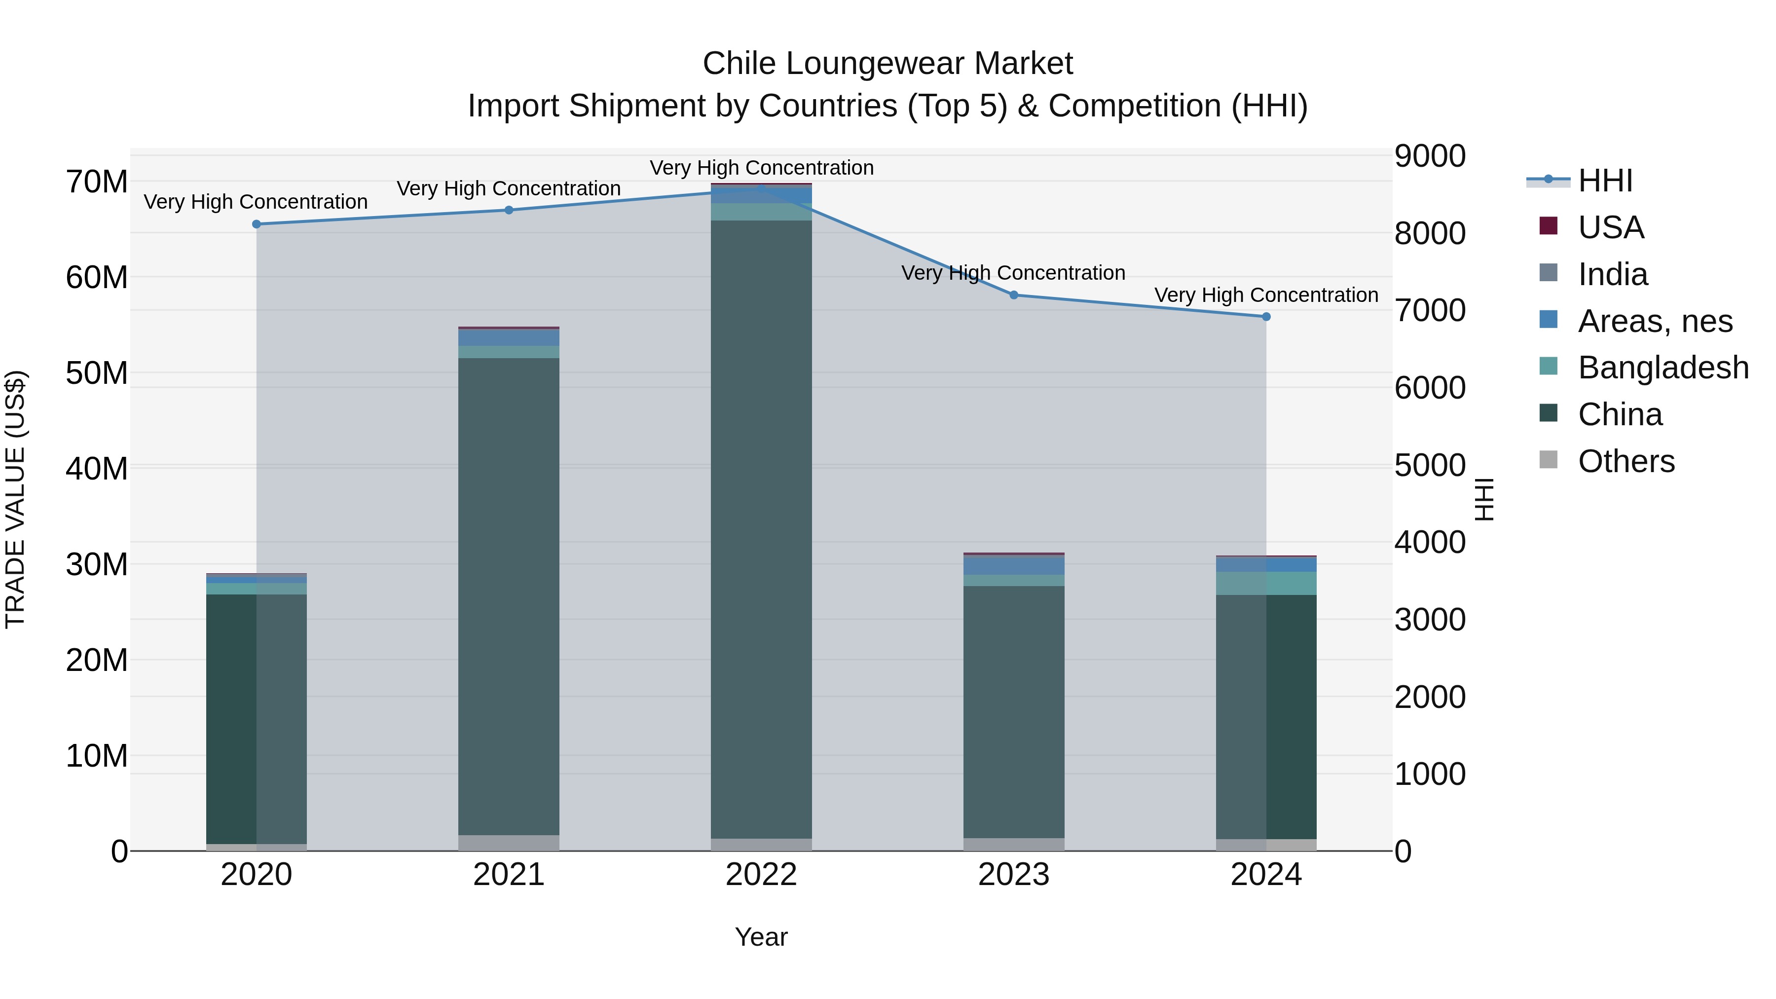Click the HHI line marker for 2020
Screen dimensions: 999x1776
tap(257, 224)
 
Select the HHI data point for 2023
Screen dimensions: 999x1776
tap(1013, 295)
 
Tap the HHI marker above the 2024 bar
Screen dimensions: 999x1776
tap(1266, 316)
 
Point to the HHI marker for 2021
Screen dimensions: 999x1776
tap(509, 210)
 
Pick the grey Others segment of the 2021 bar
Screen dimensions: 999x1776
tap(509, 843)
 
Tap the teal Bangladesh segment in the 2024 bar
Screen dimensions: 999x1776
tap(1266, 583)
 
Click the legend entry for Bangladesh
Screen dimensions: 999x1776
tap(1663, 368)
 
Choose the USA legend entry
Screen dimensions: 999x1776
tap(1611, 227)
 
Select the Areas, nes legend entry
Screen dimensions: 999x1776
tap(1655, 321)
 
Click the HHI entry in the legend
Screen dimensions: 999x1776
tap(1605, 181)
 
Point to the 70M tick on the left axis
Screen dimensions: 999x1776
tap(97, 182)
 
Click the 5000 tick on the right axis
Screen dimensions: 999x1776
tap(1430, 465)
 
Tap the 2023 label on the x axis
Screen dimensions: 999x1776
tap(1013, 875)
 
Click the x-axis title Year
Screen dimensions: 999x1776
tap(761, 937)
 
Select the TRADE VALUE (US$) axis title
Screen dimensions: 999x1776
tap(15, 499)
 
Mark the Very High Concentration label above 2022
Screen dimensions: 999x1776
tap(761, 168)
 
